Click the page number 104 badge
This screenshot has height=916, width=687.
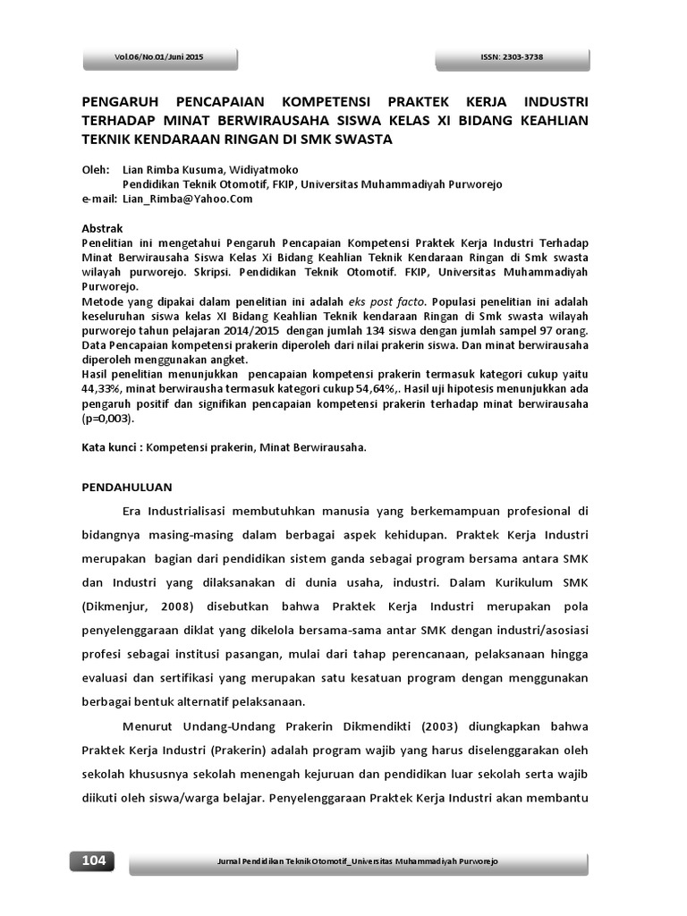click(93, 861)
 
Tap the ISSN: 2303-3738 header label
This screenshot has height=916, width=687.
click(512, 57)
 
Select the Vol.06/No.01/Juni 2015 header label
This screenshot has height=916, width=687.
click(159, 57)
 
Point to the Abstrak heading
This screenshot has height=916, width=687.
click(102, 229)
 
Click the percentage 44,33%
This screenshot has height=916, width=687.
click(103, 390)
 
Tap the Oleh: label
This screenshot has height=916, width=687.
click(95, 169)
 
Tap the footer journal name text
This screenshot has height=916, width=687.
click(358, 861)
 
